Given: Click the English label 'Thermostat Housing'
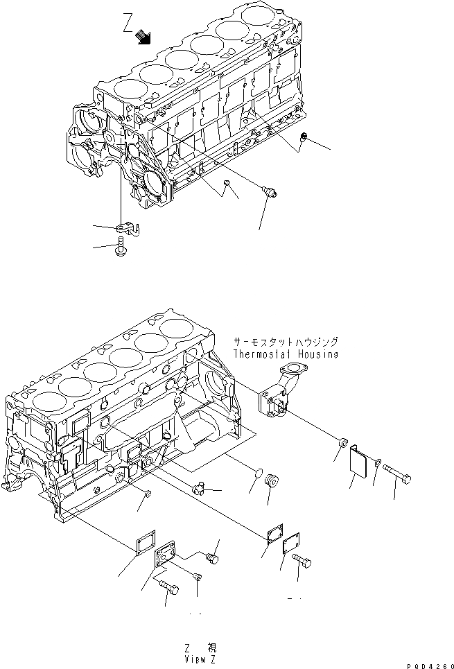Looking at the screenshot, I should (285, 354).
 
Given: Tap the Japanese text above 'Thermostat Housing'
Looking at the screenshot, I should (286, 342).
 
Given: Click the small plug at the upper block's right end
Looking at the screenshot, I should (302, 142).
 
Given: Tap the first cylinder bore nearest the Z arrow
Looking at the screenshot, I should (129, 88).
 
